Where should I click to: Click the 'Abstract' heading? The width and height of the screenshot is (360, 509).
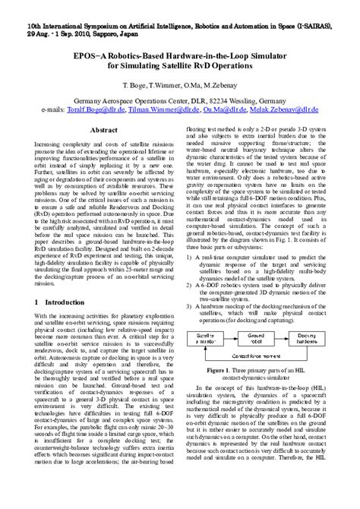pos(104,131)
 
